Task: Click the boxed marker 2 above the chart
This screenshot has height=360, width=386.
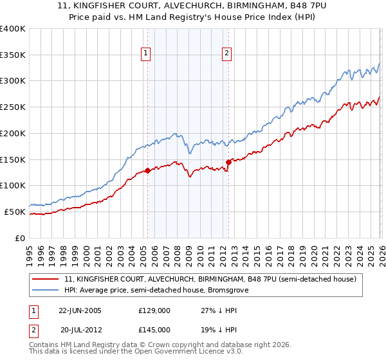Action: [x=228, y=54]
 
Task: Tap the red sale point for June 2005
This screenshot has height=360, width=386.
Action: [x=147, y=170]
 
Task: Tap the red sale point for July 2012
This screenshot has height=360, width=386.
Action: [x=228, y=162]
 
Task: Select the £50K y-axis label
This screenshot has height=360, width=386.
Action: [x=14, y=212]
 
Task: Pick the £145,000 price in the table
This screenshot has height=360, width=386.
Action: [x=154, y=329]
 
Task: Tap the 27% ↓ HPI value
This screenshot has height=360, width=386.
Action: [x=219, y=310]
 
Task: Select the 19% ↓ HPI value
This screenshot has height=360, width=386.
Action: [x=219, y=329]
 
